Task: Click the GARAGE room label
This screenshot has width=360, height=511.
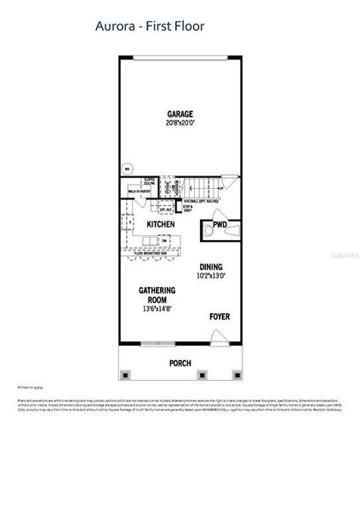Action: point(180,113)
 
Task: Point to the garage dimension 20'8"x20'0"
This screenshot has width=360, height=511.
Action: point(180,123)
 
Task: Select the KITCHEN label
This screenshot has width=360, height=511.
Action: point(161,225)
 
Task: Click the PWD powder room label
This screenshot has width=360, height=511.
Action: point(220,226)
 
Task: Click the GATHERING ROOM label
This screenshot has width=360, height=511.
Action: point(157,295)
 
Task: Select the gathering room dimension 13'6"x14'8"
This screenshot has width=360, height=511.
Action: point(157,309)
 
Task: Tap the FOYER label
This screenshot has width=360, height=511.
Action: point(220,317)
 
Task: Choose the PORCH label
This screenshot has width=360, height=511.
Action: point(180,363)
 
